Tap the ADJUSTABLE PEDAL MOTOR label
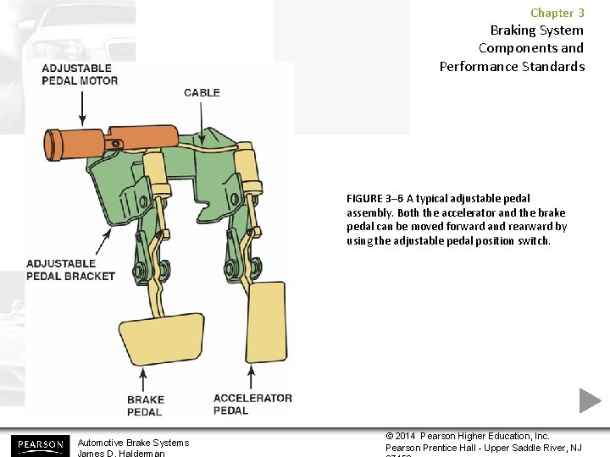[80, 74]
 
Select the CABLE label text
[202, 92]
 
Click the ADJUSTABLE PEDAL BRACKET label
[70, 269]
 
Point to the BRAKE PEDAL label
[145, 405]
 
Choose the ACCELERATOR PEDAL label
[252, 404]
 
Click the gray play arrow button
[590, 400]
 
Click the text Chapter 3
[557, 13]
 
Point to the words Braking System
[536, 30]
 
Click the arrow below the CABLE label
[201, 118]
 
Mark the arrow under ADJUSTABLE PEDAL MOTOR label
[80, 107]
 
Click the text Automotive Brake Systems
[133, 443]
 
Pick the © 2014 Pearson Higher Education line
[468, 436]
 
